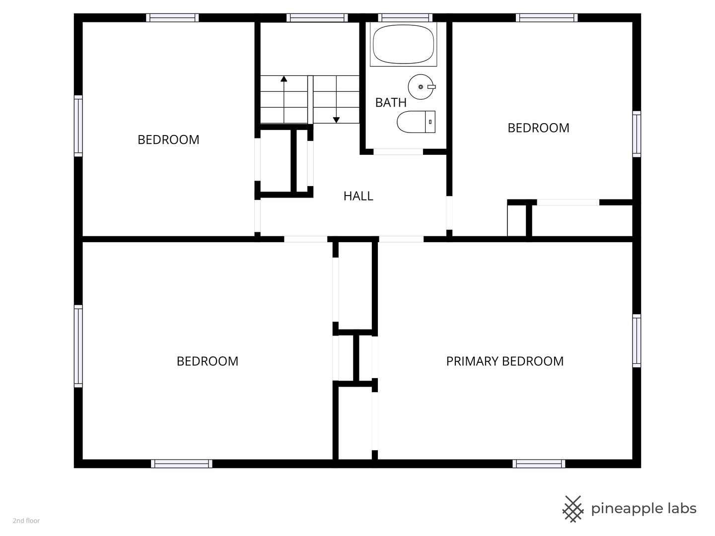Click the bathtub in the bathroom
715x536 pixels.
[403, 44]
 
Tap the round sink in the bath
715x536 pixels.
[421, 87]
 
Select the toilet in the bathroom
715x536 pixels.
[416, 122]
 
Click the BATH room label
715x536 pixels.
[391, 103]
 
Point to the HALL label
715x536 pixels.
[358, 196]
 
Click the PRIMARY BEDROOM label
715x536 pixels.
[504, 361]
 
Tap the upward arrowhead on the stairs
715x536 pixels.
[284, 78]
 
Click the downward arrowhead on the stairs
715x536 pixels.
[336, 120]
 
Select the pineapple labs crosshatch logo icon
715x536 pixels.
[572, 509]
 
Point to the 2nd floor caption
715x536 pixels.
[26, 521]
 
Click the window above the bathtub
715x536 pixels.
[405, 17]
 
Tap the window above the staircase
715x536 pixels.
[317, 17]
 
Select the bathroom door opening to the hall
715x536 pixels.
[398, 152]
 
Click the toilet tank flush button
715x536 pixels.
[430, 122]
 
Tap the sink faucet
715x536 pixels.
[431, 87]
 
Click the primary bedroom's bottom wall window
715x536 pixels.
[539, 464]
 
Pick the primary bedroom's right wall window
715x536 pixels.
[637, 341]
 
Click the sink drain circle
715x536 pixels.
[421, 87]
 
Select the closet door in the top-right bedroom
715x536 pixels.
[568, 202]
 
